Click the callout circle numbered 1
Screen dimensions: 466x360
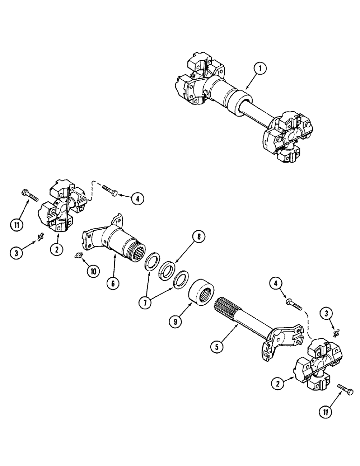261,69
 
